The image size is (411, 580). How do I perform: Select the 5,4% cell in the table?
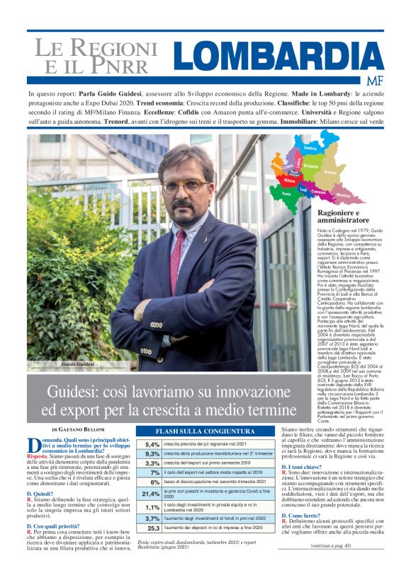pos(152,444)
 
